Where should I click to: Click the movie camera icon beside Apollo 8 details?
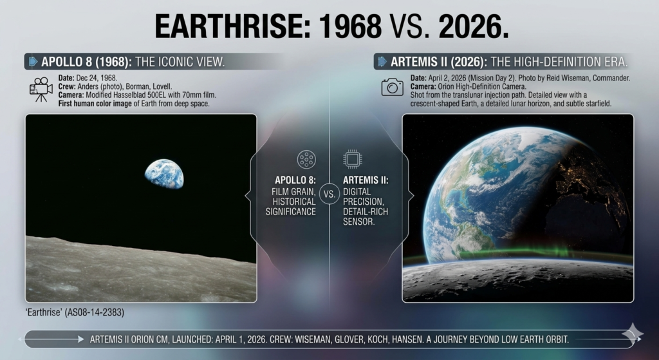click(x=41, y=90)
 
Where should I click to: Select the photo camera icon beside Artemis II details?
click(x=392, y=87)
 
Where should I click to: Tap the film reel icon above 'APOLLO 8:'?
click(x=306, y=160)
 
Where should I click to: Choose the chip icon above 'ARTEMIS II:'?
click(x=352, y=160)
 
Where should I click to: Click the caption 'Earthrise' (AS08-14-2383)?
click(x=75, y=312)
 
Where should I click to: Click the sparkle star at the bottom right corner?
click(x=633, y=332)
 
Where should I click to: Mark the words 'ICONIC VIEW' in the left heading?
click(x=194, y=62)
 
